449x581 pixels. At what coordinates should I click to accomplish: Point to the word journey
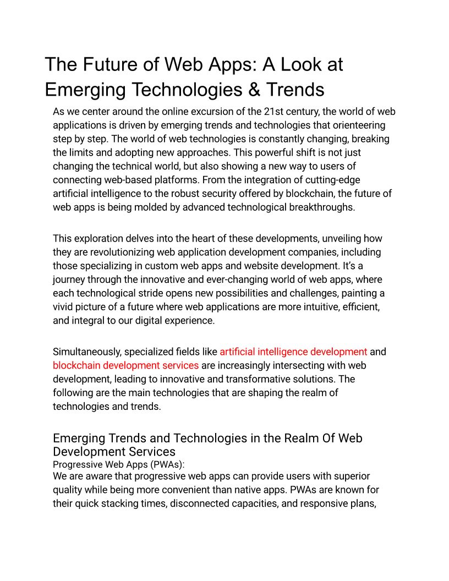point(69,279)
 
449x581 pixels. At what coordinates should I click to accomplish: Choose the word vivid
point(63,307)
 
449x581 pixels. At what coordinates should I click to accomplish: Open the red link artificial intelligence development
point(293,352)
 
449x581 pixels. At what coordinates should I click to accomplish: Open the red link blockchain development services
point(125,365)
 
